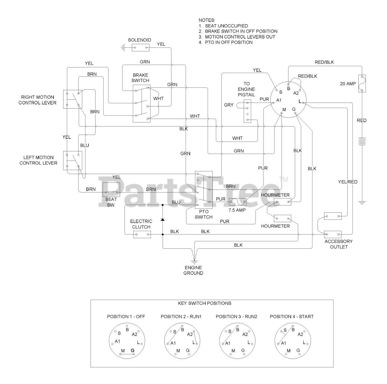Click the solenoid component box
click(141, 47)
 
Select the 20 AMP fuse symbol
click(362, 84)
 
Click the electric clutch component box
click(142, 234)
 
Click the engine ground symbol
click(194, 260)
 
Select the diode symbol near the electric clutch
click(163, 219)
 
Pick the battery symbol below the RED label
click(362, 142)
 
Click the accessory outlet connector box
click(333, 234)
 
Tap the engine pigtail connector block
click(248, 111)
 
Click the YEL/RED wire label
click(348, 182)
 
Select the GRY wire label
click(229, 105)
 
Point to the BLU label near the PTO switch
click(176, 202)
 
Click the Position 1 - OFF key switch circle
click(127, 342)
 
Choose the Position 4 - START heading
click(291, 317)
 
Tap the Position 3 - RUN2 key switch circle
click(237, 342)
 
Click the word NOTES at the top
click(207, 20)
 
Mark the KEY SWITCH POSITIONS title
click(205, 303)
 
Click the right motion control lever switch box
click(73, 99)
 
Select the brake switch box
click(141, 103)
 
